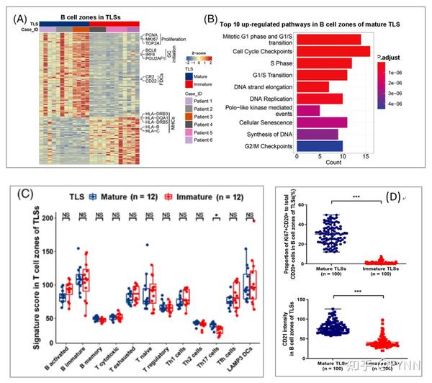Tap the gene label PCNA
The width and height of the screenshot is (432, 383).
(151, 34)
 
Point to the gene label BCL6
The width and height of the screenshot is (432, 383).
(151, 52)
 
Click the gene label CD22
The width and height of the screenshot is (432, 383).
(151, 80)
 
